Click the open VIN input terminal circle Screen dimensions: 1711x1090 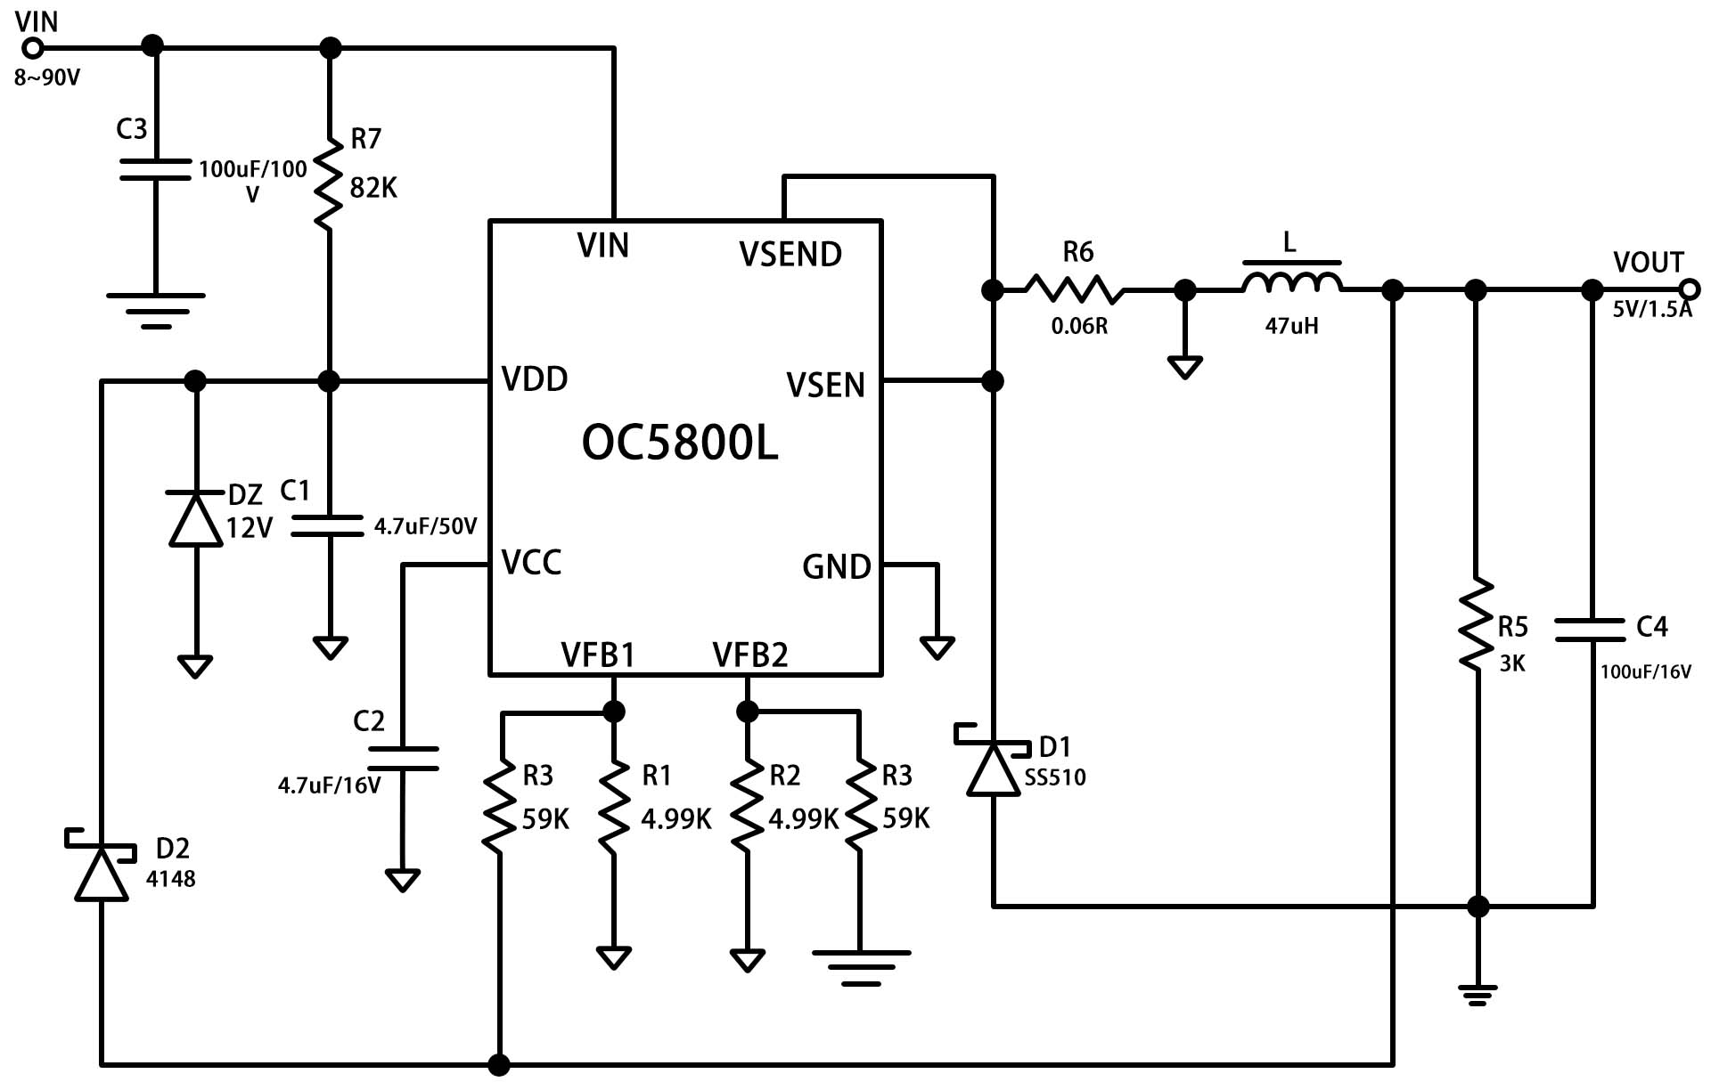[33, 47]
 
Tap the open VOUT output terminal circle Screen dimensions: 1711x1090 [1689, 289]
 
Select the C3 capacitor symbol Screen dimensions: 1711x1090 [155, 170]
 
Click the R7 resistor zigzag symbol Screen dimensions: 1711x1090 [329, 183]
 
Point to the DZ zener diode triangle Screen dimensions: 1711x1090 [195, 517]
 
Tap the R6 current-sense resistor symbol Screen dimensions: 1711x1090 [1074, 289]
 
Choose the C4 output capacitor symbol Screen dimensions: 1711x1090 [1591, 630]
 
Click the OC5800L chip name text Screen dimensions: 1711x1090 [680, 442]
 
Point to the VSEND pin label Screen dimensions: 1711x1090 [790, 255]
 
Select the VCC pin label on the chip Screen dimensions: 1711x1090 [532, 563]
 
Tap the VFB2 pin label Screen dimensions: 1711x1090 [750, 655]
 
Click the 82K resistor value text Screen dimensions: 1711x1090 [373, 188]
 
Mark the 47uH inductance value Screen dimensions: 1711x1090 [1291, 326]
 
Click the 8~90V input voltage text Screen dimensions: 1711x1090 [47, 78]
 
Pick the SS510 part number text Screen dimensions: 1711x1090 [1055, 777]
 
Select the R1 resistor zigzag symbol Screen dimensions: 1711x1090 [614, 805]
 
